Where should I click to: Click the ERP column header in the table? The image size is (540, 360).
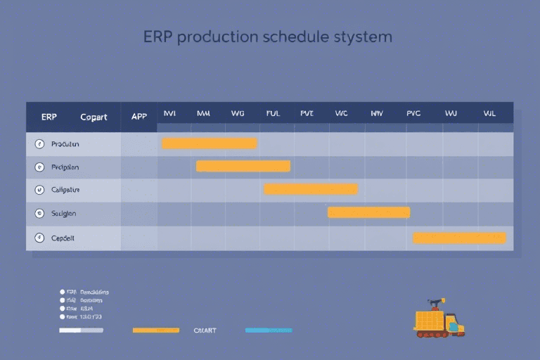click(49, 117)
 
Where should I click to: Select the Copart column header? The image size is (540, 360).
click(94, 117)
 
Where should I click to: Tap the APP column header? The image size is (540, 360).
click(139, 117)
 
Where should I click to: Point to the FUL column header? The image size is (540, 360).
click(273, 113)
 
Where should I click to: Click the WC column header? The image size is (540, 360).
click(342, 113)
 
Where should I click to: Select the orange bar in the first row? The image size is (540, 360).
click(210, 143)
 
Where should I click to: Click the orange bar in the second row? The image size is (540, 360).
click(243, 166)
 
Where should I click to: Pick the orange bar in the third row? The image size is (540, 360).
click(311, 188)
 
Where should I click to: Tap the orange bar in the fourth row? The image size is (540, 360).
click(368, 212)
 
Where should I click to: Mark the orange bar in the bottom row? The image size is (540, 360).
click(459, 238)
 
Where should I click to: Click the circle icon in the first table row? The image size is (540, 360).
click(39, 144)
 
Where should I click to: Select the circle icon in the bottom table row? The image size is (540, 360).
click(39, 238)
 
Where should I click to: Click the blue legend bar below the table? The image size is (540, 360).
click(269, 330)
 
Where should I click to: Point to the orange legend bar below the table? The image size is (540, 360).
click(156, 330)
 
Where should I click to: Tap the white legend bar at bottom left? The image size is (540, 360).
click(81, 330)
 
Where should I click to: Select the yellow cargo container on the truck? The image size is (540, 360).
click(430, 321)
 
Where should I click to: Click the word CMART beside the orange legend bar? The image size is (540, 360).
click(205, 330)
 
